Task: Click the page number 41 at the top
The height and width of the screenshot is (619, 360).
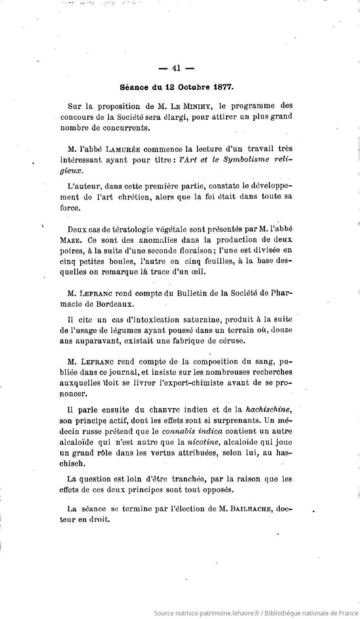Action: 176,68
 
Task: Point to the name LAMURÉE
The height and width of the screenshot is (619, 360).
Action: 123,149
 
